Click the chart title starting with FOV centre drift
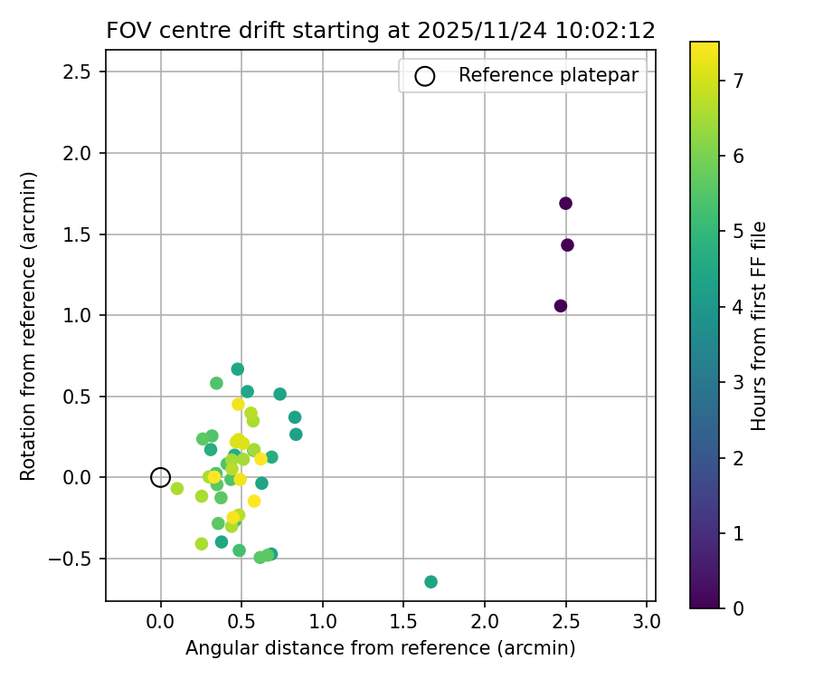click(381, 30)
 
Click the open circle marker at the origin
click(160, 477)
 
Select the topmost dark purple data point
click(565, 203)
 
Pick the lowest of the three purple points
click(561, 306)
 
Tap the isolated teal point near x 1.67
click(431, 581)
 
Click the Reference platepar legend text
click(549, 75)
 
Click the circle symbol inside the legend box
click(424, 76)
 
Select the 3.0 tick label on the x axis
click(646, 622)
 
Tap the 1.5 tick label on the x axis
click(403, 622)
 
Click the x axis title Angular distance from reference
click(380, 648)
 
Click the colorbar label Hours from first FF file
click(760, 325)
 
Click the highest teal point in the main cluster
click(237, 369)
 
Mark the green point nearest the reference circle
click(177, 489)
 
